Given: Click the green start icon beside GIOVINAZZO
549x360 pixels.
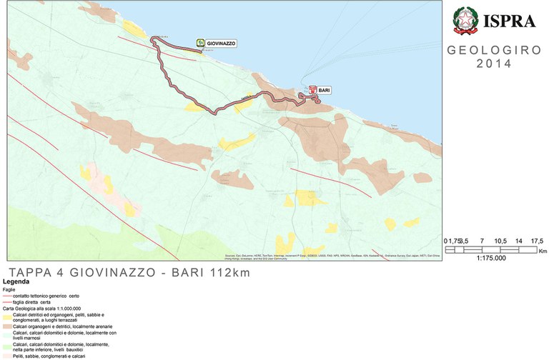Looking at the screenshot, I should pos(201,44).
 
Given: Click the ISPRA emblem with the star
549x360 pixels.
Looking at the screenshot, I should pos(468,21).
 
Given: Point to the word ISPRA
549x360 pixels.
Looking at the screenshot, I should pos(510,21).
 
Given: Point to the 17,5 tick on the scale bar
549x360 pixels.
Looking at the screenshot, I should pos(536,241).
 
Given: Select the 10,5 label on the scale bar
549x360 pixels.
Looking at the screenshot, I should pos(499,241).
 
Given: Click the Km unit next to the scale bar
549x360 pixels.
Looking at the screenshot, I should pos(542,251).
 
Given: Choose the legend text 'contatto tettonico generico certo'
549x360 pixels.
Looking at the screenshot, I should pos(51,295).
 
